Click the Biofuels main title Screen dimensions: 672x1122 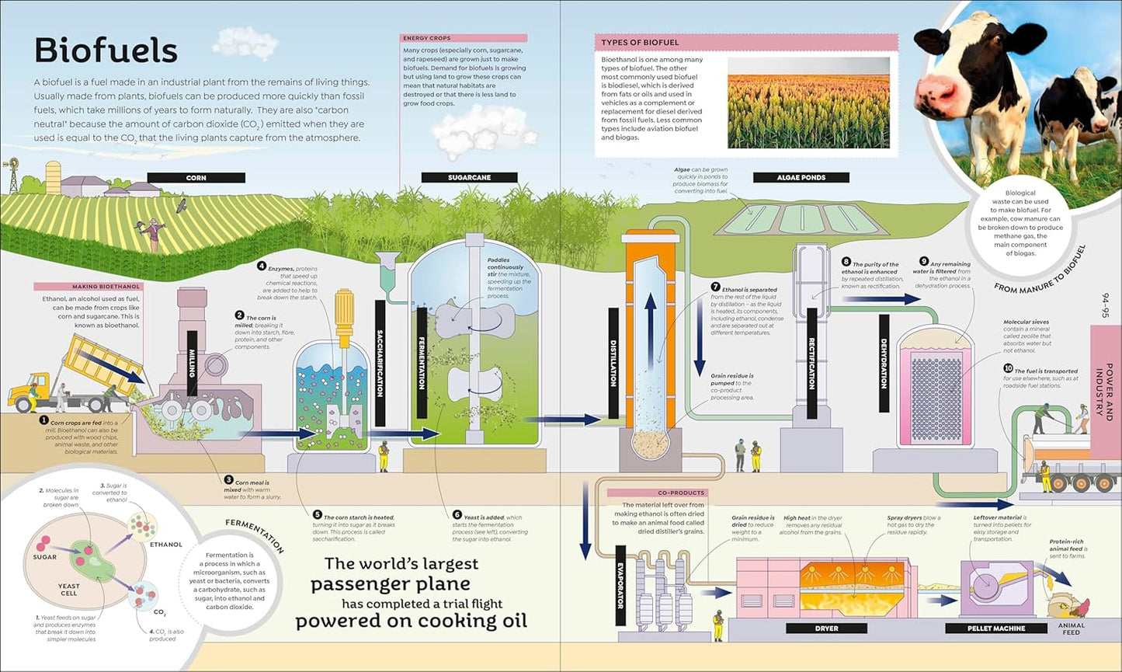pos(106,51)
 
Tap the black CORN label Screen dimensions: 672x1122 pos(196,178)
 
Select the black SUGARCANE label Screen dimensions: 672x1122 pos(469,178)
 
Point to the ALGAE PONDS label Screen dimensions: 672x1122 pos(801,178)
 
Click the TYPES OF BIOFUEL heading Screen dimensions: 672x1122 pos(640,42)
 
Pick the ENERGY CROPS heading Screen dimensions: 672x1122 pos(426,38)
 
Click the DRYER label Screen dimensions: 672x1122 pos(826,628)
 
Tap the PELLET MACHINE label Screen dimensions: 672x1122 pos(996,628)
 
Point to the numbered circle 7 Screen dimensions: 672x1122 pos(715,287)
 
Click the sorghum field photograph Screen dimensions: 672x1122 pos(808,102)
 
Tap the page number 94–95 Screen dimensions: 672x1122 pos(1106,305)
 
